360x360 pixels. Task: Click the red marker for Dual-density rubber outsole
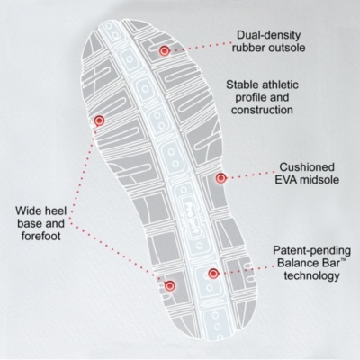(164, 51)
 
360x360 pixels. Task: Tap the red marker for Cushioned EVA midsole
(221, 178)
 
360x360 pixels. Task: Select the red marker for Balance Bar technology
(213, 274)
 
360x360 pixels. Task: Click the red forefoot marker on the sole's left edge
(99, 121)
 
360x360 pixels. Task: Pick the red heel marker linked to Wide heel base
(170, 286)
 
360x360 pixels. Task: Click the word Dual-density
(268, 35)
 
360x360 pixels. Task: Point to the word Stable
(241, 85)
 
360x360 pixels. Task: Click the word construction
(262, 110)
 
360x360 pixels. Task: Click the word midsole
(319, 180)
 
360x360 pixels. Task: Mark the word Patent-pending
(311, 251)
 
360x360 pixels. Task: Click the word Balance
(298, 263)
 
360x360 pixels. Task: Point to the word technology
(311, 276)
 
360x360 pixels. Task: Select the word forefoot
(40, 236)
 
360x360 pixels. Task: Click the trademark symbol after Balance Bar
(343, 262)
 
